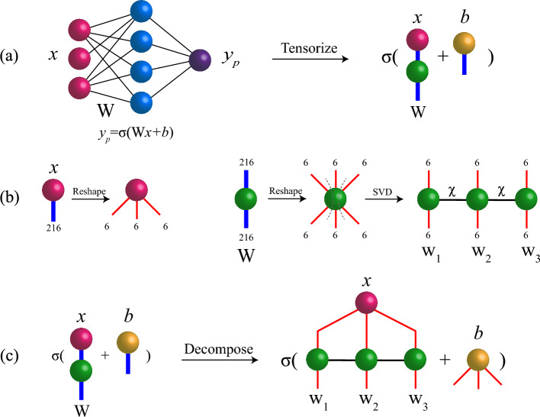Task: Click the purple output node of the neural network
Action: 201,59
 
